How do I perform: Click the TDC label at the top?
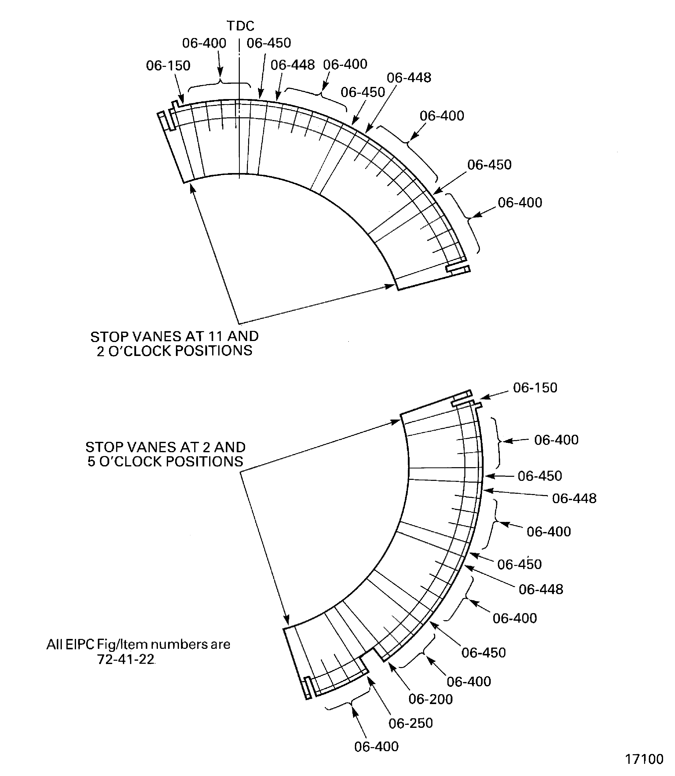pyautogui.click(x=240, y=26)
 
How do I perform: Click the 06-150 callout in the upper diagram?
pyautogui.click(x=168, y=66)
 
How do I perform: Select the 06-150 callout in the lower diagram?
pyautogui.click(x=535, y=388)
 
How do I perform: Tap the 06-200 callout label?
pyautogui.click(x=430, y=699)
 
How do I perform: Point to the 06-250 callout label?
pyautogui.click(x=411, y=723)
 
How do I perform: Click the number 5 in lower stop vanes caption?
pyautogui.click(x=92, y=462)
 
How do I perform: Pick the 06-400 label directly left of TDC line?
pyautogui.click(x=204, y=43)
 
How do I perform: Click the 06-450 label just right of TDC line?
pyautogui.click(x=269, y=43)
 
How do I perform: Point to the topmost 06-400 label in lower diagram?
pyautogui.click(x=556, y=440)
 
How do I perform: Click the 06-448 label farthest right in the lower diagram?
pyautogui.click(x=574, y=499)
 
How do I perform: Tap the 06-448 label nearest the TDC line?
pyautogui.click(x=292, y=65)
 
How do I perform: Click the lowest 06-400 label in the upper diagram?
pyautogui.click(x=520, y=203)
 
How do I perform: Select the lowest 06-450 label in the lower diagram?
pyautogui.click(x=483, y=653)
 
